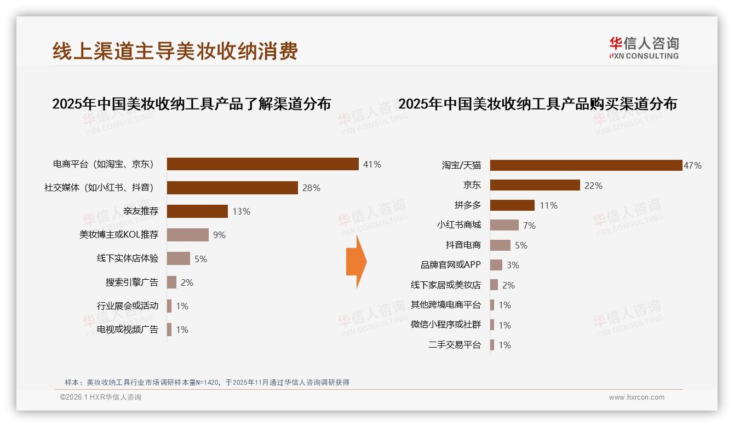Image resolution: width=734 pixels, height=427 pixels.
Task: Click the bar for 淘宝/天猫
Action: point(586,165)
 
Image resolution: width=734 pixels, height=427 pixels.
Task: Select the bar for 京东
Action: point(535,185)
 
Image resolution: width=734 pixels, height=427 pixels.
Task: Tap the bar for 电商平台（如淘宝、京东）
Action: point(262,164)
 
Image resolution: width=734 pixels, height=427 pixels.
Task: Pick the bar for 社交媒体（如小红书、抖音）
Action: point(232,188)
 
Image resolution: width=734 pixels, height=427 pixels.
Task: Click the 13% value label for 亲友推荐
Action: point(241,211)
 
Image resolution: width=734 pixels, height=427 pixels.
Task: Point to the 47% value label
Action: point(692,165)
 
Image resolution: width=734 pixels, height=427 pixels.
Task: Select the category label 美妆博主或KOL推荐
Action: point(119,235)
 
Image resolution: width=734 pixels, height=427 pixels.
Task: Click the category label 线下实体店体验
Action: point(128,258)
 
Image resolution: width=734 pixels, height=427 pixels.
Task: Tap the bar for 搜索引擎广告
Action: point(171,282)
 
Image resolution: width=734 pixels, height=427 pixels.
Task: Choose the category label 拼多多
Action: point(467,205)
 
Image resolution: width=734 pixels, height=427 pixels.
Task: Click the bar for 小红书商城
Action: point(504,225)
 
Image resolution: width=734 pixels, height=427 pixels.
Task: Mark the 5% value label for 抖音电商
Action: point(521,245)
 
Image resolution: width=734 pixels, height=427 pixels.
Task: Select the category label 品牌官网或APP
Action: point(450,265)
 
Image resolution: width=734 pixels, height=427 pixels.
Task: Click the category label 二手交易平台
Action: point(454,345)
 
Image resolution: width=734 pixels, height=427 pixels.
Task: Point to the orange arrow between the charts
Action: point(356,262)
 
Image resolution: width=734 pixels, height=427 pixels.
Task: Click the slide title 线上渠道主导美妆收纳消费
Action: point(175,51)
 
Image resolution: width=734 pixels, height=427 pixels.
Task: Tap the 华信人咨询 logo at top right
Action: point(644,48)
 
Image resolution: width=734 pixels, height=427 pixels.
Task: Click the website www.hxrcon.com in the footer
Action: point(636,397)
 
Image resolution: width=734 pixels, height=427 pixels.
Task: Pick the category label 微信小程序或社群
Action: point(446,325)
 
